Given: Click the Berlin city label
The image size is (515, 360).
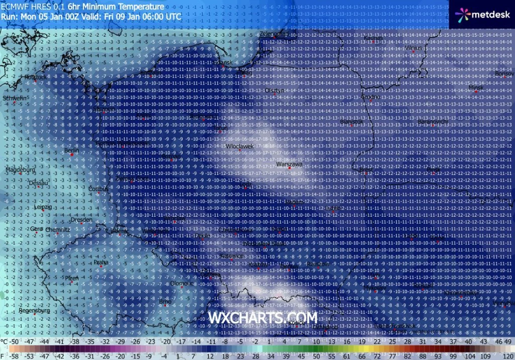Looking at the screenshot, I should [72, 150].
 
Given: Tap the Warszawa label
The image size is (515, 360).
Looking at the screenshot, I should [290, 164].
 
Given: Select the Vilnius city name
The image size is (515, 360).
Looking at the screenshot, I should [413, 48].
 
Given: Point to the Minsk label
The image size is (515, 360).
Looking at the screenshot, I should [476, 87].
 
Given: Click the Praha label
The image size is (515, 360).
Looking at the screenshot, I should [101, 262].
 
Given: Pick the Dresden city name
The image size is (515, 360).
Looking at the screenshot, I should [81, 220].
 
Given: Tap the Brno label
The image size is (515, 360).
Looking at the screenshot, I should [165, 302].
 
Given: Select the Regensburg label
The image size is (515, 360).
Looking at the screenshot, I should [34, 310].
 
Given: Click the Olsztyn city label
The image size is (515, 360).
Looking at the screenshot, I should [275, 91].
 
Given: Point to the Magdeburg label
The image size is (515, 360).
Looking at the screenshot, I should [20, 170].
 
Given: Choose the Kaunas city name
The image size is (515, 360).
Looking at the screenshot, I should [373, 38].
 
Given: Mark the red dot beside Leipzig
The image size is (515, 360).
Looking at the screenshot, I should [42, 210].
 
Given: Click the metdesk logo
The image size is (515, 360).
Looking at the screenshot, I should [483, 15].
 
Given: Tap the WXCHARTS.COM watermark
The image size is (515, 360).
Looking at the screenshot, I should [263, 318].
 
